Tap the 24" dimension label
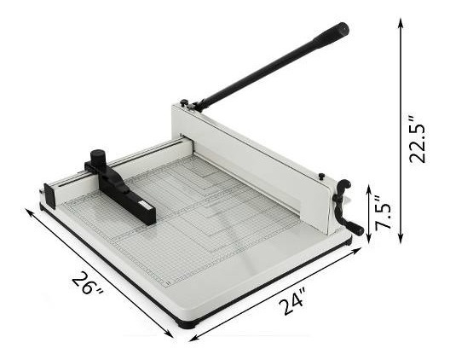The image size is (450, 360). click(x=291, y=302)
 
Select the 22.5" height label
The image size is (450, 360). click(x=417, y=140)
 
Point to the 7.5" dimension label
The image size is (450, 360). click(x=384, y=212)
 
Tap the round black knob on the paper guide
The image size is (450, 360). click(x=98, y=158)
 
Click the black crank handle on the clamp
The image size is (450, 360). click(x=347, y=206)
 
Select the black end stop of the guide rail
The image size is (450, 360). click(x=49, y=196)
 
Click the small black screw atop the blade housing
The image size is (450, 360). click(x=321, y=176)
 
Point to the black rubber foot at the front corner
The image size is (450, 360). click(x=188, y=325)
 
